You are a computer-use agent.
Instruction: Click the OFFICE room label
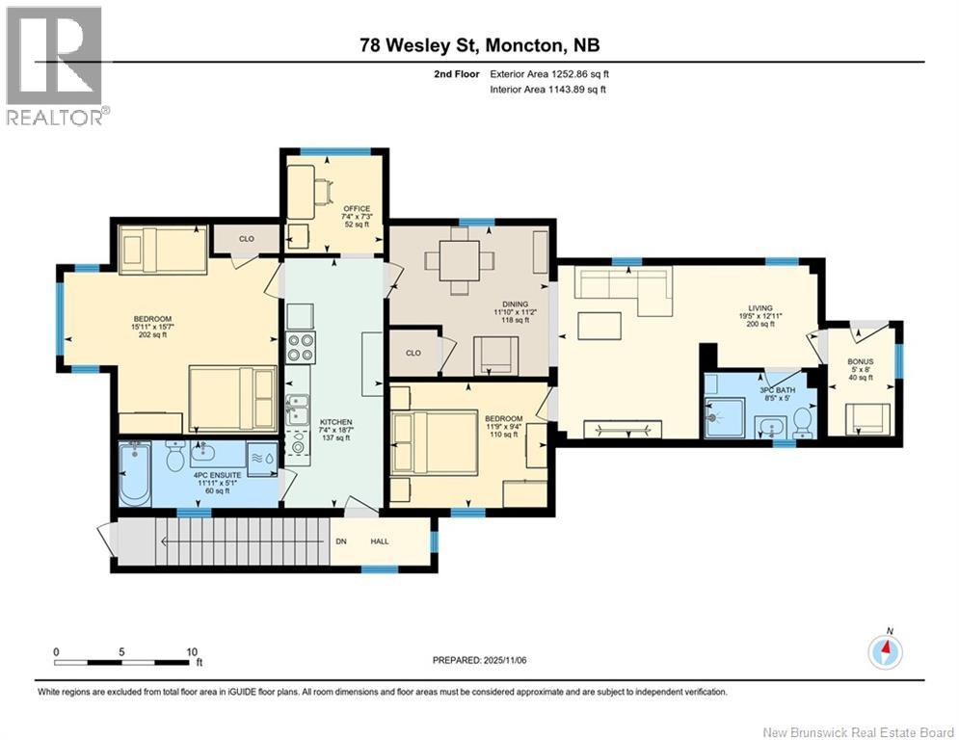(x=357, y=208)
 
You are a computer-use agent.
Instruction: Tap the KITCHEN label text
(x=335, y=422)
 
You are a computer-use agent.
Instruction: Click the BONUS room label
(x=861, y=361)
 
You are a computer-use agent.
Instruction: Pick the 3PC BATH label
(x=778, y=389)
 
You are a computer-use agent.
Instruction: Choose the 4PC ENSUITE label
(x=217, y=475)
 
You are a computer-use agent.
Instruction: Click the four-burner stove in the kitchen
(x=301, y=348)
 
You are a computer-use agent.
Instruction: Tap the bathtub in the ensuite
(x=135, y=475)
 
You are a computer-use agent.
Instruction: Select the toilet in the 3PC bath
(x=803, y=423)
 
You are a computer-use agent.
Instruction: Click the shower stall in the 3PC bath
(x=724, y=418)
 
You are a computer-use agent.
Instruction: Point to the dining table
(x=460, y=260)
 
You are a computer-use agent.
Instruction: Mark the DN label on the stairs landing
(x=341, y=542)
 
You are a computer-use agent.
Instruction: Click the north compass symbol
(x=886, y=652)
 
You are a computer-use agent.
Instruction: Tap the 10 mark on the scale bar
(x=192, y=652)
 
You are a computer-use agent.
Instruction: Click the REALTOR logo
(x=56, y=66)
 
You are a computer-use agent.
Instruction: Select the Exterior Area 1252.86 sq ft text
(x=549, y=74)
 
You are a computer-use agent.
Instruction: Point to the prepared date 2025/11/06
(x=505, y=660)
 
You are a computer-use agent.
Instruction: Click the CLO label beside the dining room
(x=413, y=353)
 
